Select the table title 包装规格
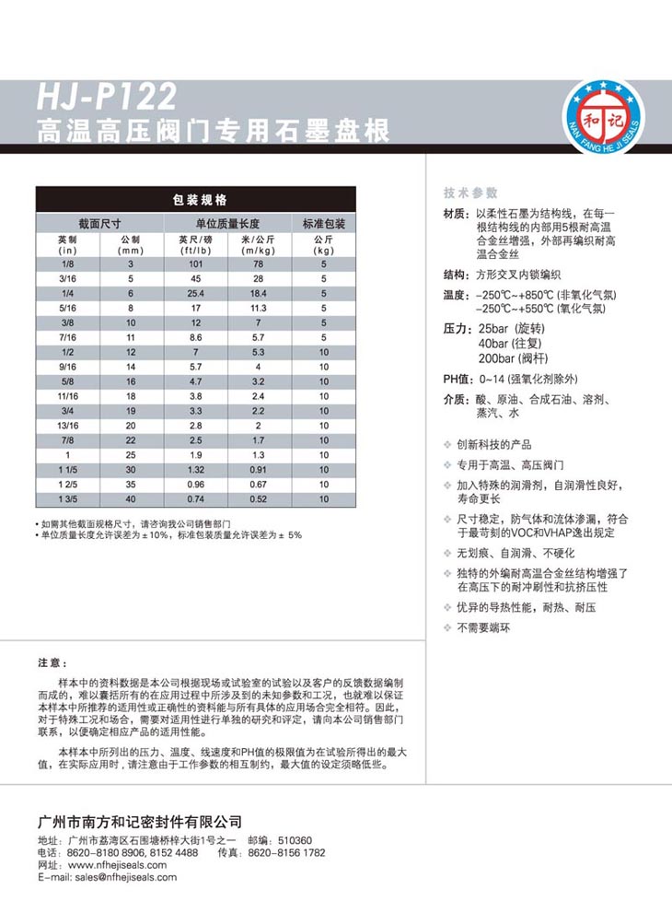[195, 199]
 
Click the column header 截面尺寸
[99, 224]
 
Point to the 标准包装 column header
[323, 224]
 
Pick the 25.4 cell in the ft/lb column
[195, 293]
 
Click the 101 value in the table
[195, 263]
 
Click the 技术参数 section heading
[470, 193]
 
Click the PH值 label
[457, 379]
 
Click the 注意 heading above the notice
[52, 663]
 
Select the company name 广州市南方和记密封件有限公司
[137, 819]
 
